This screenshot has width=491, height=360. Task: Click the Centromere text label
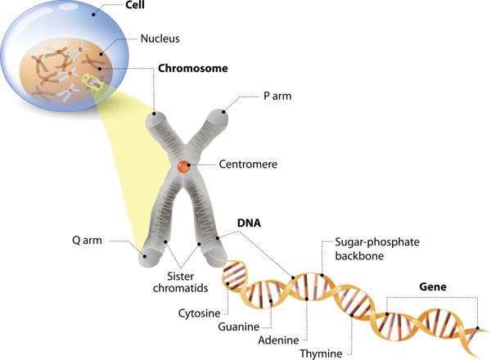248,164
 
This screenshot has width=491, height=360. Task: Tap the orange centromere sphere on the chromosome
185,166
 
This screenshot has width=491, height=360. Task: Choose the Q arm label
88,241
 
